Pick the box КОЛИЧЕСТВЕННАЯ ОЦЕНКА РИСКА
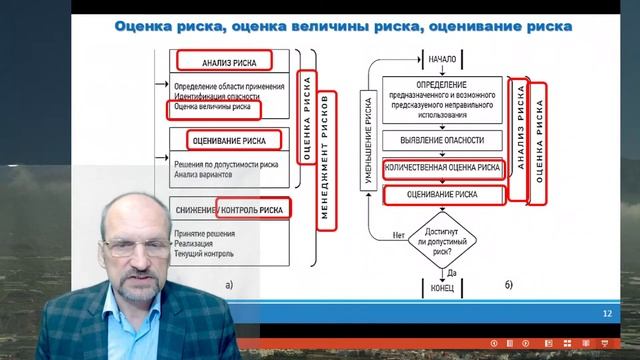click(442, 168)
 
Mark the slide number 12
click(607, 314)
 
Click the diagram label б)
click(508, 289)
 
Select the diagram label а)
click(229, 285)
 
